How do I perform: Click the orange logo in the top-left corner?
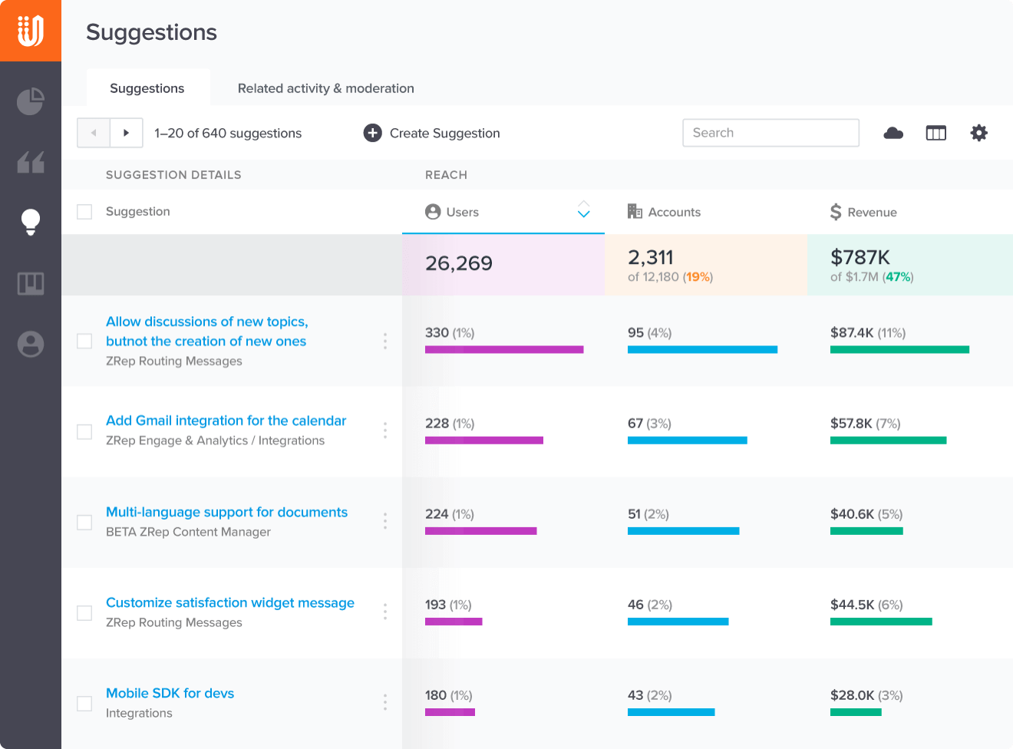(x=31, y=31)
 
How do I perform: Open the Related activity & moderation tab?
(x=325, y=88)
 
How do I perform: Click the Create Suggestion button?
(x=432, y=133)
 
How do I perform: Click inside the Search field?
(x=770, y=133)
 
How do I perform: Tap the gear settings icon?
(x=978, y=133)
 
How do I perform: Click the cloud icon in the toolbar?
(x=893, y=133)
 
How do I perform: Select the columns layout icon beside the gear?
(x=936, y=133)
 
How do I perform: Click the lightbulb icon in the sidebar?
(x=31, y=222)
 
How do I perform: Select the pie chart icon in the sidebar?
(x=31, y=101)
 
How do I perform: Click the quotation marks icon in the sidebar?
(x=31, y=162)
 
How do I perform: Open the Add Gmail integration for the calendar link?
(x=226, y=421)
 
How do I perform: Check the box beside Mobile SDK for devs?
(x=84, y=703)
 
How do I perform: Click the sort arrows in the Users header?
(x=583, y=210)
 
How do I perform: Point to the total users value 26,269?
(x=459, y=264)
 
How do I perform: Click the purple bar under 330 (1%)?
(x=504, y=349)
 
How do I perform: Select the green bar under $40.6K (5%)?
(x=866, y=531)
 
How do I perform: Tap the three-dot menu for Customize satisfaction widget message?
(x=385, y=612)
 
